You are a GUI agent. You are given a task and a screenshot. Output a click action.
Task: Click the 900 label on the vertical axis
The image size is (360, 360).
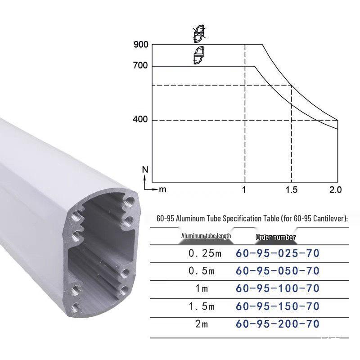click(141, 45)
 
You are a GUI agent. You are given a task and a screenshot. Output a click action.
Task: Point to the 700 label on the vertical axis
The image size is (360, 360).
click(140, 66)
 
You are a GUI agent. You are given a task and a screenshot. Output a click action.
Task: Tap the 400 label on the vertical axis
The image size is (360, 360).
click(140, 119)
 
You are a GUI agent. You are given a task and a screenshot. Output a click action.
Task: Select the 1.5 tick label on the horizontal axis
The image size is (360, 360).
click(292, 190)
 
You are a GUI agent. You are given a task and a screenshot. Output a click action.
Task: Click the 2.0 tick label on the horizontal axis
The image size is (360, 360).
click(336, 190)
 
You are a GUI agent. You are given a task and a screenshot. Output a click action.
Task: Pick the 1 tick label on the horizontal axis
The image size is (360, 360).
click(244, 190)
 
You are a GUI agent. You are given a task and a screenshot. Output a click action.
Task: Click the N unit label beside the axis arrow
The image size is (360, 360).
click(145, 170)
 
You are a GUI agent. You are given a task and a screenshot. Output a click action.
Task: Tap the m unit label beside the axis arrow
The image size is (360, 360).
click(162, 190)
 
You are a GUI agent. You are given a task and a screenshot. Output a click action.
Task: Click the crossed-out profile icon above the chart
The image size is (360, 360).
click(199, 34)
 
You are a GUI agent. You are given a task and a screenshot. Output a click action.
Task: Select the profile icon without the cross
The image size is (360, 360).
click(199, 55)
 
